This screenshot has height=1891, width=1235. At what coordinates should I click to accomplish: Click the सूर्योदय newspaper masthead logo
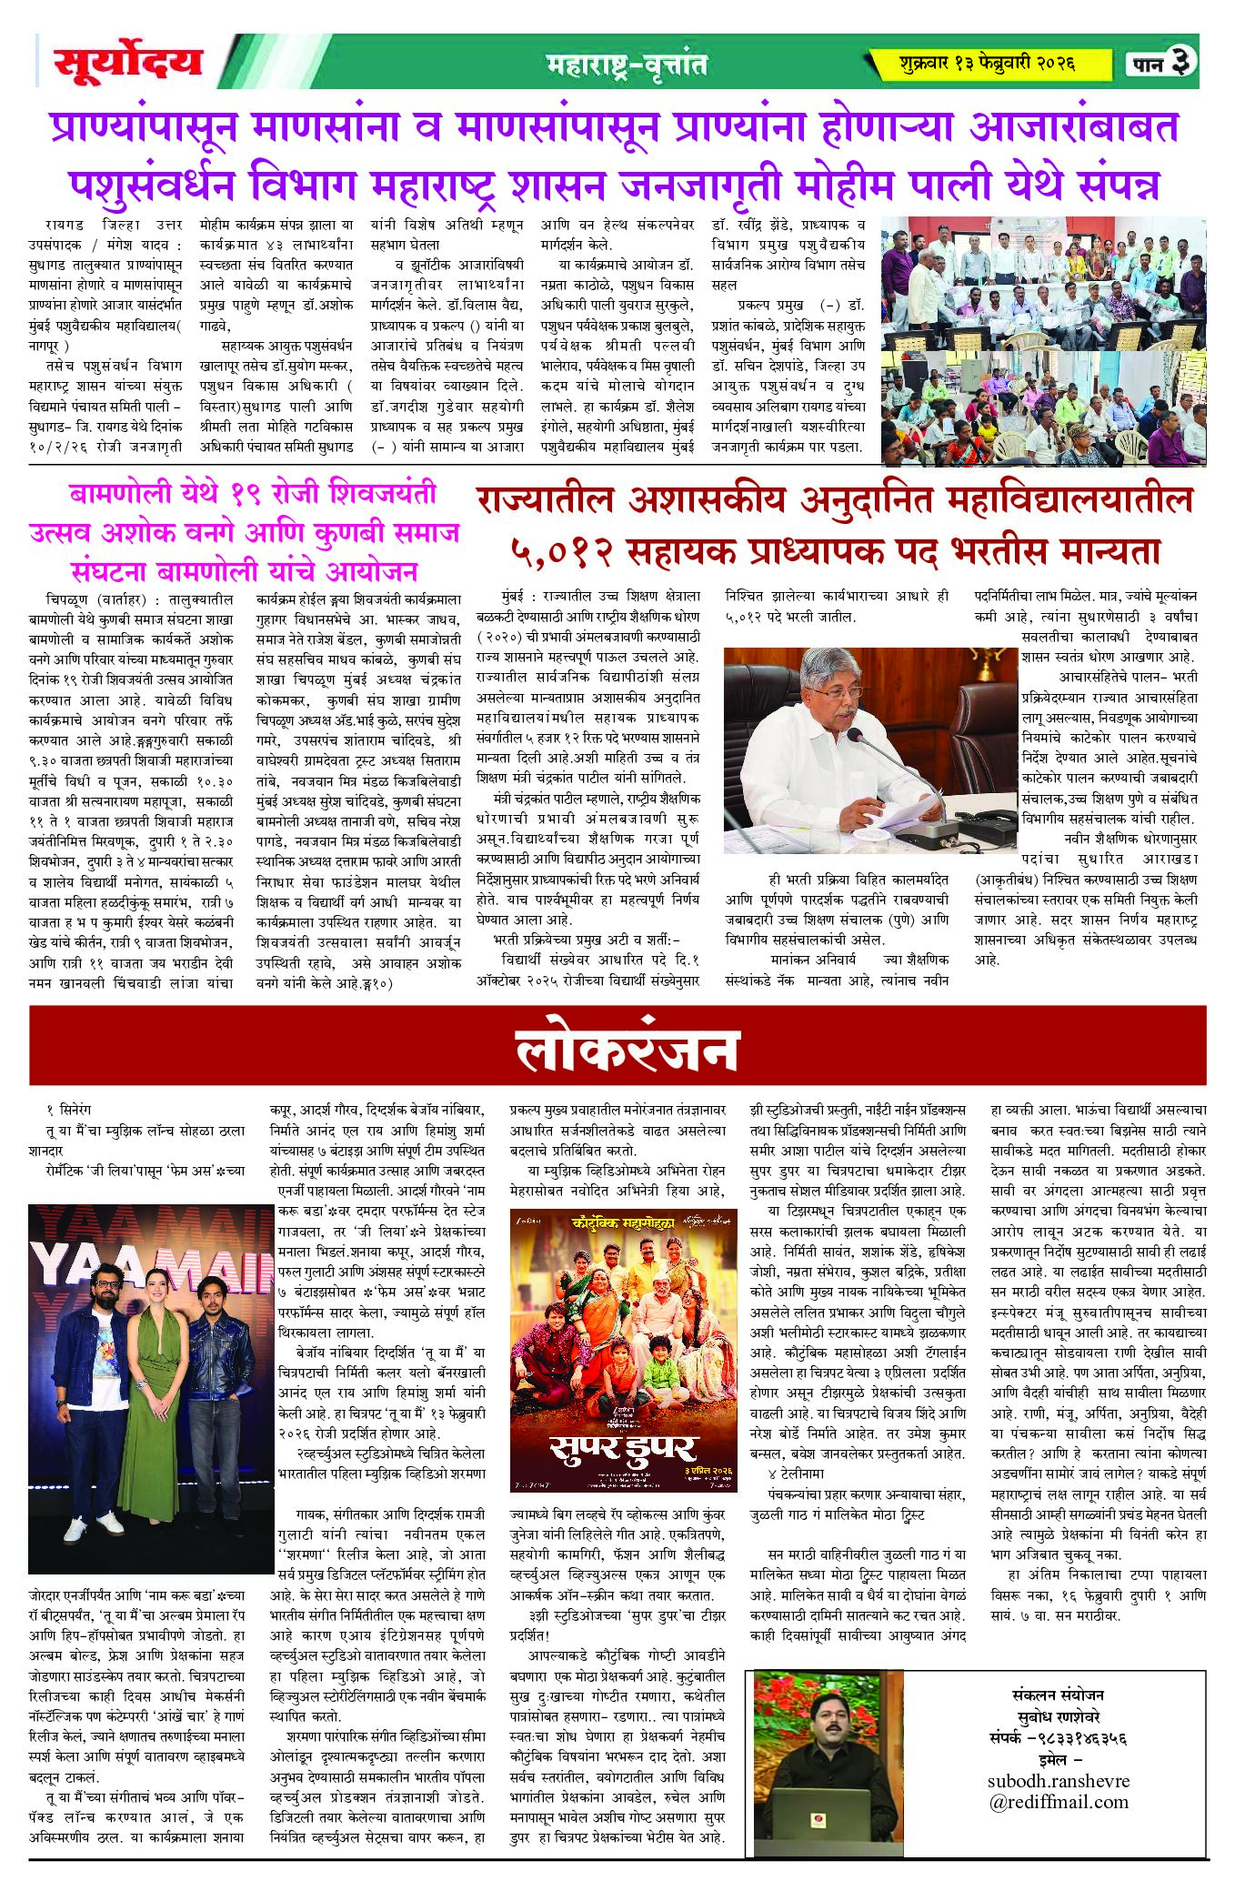(x=127, y=64)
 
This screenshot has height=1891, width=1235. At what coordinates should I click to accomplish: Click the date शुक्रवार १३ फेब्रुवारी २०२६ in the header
(x=986, y=64)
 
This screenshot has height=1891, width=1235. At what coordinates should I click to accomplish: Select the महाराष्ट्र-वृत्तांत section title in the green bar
(x=628, y=65)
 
